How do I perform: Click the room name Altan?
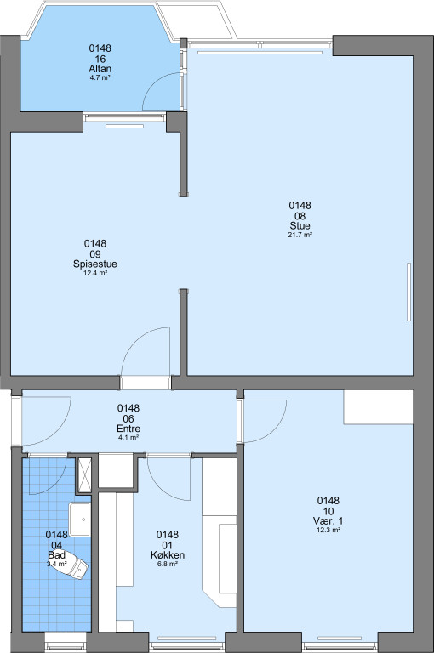100,69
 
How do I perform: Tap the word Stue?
300,225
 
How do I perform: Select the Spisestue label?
95,264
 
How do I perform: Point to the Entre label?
128,429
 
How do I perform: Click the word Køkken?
168,555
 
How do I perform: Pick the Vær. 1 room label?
328,521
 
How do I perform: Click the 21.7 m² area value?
300,235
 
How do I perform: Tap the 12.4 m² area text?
95,273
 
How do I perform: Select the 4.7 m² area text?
100,77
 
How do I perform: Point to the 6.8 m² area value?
168,565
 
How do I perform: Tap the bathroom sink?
80,520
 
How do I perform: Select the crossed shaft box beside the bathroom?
83,476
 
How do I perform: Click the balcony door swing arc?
155,82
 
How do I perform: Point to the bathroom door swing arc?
55,486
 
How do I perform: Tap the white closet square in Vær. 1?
378,407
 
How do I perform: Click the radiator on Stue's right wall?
409,292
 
